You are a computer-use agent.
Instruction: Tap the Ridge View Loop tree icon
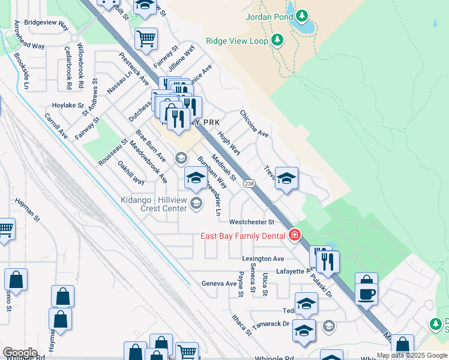[x=277, y=40]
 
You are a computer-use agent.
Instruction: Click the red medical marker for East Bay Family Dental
[x=295, y=235]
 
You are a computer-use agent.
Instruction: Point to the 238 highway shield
[x=250, y=184]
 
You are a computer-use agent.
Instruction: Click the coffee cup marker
[x=366, y=294]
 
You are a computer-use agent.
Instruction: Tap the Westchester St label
[x=252, y=221]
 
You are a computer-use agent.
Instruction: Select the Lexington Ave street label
[x=263, y=259]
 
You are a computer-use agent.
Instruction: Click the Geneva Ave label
[x=219, y=283]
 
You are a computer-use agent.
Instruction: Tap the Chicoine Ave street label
[x=254, y=123]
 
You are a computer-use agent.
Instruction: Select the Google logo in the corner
[x=19, y=353]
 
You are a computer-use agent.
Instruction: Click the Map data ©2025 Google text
[x=412, y=355]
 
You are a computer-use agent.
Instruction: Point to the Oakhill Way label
[x=130, y=172]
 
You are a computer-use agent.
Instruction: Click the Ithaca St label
[x=241, y=324]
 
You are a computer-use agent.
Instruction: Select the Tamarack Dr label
[x=274, y=323]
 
